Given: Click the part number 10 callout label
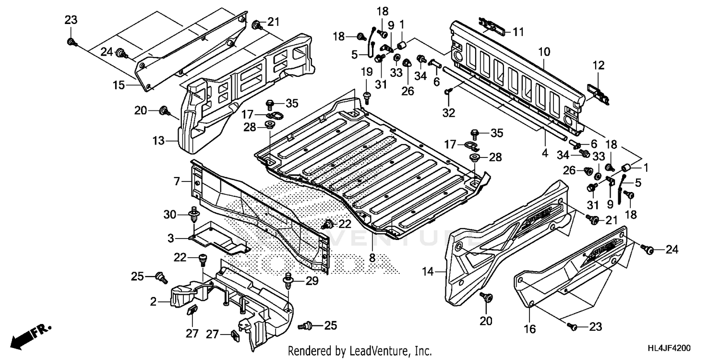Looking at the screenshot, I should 544,50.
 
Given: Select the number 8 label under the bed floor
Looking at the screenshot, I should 372,258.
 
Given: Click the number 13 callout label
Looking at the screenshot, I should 159,141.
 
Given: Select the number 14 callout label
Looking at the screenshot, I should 427,272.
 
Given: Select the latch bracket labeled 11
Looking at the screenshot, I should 491,26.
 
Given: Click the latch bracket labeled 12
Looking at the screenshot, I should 598,94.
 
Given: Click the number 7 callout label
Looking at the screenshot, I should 177,181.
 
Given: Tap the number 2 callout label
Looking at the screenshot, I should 154,301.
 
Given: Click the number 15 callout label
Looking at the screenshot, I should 119,85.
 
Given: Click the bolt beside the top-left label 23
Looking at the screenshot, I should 72,43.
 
